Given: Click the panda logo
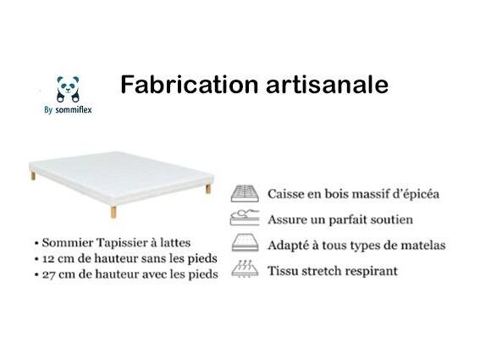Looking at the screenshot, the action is (68, 89).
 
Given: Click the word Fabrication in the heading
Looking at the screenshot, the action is (190, 85).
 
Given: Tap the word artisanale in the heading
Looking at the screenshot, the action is (328, 85).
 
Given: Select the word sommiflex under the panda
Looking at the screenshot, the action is (74, 109).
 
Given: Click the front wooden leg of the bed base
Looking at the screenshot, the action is (113, 212).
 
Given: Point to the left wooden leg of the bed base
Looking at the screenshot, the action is (33, 176).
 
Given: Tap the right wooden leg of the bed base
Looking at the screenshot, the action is (208, 188).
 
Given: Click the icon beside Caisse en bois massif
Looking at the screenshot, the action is (245, 193).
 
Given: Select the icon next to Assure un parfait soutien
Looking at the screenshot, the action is (245, 218).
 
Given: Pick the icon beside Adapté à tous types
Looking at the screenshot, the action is (245, 242).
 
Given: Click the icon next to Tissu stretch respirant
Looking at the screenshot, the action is (245, 269).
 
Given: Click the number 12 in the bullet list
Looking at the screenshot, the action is (48, 259).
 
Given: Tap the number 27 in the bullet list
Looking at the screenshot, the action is (48, 274).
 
